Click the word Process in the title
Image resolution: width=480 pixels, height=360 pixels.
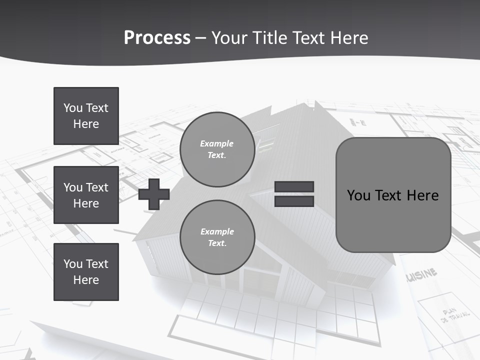[x=157, y=38]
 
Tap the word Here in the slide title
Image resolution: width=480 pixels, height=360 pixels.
[x=348, y=38]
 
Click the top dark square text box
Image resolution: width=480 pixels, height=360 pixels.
[x=86, y=116]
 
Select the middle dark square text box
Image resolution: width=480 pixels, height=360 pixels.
[x=86, y=195]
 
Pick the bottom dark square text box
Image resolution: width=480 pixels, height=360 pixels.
[x=86, y=272]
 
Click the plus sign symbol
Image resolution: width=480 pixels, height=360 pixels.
[x=154, y=194]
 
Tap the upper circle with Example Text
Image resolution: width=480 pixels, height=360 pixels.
[x=217, y=149]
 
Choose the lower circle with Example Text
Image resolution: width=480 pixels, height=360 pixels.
[x=217, y=237]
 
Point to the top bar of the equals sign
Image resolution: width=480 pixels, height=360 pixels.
[x=294, y=187]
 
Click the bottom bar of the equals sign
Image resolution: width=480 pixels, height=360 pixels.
[x=294, y=201]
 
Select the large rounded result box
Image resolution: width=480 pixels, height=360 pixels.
[x=393, y=195]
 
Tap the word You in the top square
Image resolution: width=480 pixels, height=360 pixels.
[x=73, y=108]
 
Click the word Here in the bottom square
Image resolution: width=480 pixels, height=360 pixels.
[x=86, y=280]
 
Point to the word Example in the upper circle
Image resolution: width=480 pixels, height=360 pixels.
[x=217, y=144]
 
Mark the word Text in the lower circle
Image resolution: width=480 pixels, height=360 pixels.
[x=217, y=243]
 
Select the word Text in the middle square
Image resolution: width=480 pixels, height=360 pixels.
[x=97, y=187]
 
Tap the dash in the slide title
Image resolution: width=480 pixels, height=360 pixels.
[x=200, y=38]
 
